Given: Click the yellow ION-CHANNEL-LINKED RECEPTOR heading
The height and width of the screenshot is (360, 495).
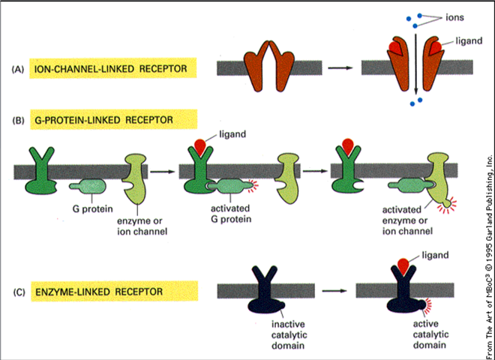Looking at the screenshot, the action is coord(113,68).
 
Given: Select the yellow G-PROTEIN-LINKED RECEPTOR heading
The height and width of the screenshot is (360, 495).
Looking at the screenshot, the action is coord(114,120).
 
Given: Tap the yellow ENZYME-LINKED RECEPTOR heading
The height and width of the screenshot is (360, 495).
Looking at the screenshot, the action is coord(114,291).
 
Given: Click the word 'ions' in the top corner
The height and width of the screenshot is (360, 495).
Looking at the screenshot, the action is coord(454,17).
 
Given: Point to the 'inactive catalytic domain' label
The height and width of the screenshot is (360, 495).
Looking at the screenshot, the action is coord(288,334).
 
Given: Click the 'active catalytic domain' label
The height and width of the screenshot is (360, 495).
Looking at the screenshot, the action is coord(430,334).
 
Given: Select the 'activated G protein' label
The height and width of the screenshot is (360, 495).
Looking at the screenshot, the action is coord(231,214).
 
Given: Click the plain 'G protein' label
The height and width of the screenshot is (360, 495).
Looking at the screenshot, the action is coord(92,208).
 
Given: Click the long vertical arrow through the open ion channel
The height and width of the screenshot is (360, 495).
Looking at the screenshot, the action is coord(415,64).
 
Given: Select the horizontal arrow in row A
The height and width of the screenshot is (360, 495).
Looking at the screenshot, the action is coord(340,68).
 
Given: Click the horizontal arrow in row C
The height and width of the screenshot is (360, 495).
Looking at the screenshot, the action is coord(334,291).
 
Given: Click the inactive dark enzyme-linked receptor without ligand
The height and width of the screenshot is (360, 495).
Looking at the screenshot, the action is coord(265,290).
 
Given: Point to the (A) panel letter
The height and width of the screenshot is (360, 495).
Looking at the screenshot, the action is coord(18,69).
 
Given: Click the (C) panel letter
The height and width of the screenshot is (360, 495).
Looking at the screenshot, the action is coord(19,292).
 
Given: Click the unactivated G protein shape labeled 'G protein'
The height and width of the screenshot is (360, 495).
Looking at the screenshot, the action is coord(88,186).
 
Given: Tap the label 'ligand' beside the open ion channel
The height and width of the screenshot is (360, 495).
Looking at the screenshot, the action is coord(469,40).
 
